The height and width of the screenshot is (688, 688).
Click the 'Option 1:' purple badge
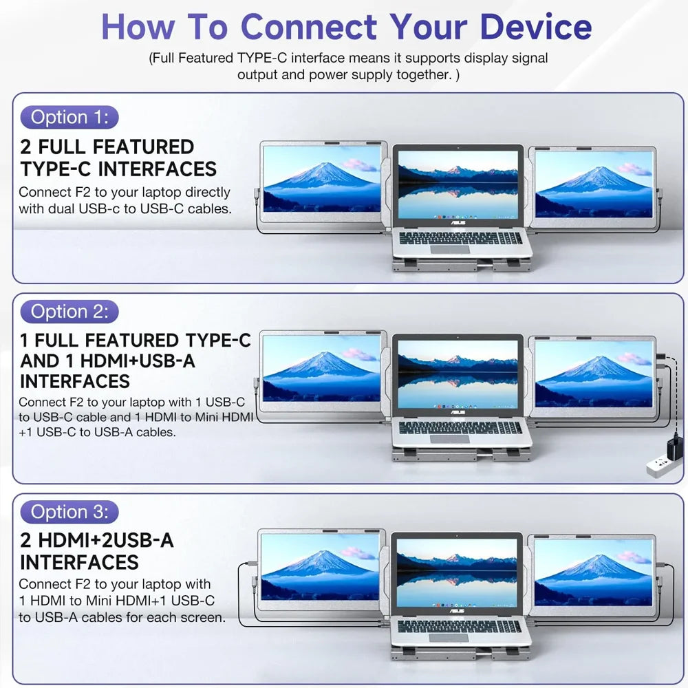point(69,117)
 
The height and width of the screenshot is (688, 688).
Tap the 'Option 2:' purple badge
point(69,312)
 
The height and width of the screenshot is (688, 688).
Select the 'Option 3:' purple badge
point(69,512)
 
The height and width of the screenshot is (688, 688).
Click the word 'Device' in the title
point(536,27)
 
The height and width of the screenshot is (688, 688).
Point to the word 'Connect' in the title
point(309,27)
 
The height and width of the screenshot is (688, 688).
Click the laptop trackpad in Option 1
point(450,250)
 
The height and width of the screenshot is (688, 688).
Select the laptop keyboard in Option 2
point(460,427)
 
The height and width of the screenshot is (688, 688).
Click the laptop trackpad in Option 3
point(449,638)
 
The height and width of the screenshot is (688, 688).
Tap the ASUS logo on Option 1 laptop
point(458,223)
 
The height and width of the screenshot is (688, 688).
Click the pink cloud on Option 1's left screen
point(360,165)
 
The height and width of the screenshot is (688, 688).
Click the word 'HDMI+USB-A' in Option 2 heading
point(138,361)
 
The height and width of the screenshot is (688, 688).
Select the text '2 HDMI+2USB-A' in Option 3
point(97,540)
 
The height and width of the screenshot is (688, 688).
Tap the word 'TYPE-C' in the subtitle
point(262,58)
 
